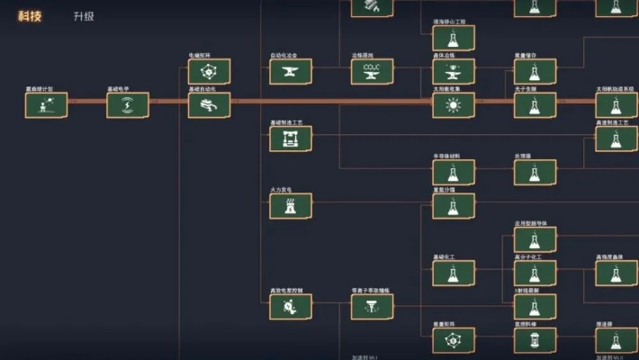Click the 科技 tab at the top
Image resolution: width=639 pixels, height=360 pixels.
pos(30,16)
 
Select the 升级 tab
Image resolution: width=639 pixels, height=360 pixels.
pos(84,16)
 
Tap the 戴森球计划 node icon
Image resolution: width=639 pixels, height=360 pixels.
pos(46,105)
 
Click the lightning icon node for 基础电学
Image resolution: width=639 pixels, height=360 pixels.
pos(128,105)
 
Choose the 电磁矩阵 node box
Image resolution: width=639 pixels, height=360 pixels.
pos(209,72)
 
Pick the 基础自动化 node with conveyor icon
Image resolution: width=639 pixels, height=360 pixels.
pos(209,105)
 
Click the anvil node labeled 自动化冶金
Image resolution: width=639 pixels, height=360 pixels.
pos(291,72)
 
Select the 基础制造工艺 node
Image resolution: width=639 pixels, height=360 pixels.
pos(291,139)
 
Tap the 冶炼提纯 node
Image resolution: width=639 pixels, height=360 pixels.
pos(372,72)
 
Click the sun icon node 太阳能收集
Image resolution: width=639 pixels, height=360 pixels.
pos(454,105)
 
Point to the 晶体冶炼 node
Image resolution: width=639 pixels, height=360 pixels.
pos(454,72)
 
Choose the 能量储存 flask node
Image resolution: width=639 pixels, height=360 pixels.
pos(535,72)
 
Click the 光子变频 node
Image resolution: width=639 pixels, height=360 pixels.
pos(535,105)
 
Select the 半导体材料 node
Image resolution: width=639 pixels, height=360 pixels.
pos(454,172)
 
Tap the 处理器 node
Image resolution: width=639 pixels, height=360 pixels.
pos(535,172)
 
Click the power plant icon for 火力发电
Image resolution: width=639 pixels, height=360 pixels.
pos(291,206)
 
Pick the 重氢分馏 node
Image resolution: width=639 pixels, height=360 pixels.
pos(454,206)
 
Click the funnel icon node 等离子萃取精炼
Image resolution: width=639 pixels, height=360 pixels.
pos(372,307)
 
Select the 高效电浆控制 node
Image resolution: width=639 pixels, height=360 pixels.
pos(291,307)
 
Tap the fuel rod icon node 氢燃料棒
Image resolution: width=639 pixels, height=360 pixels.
pos(535,340)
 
